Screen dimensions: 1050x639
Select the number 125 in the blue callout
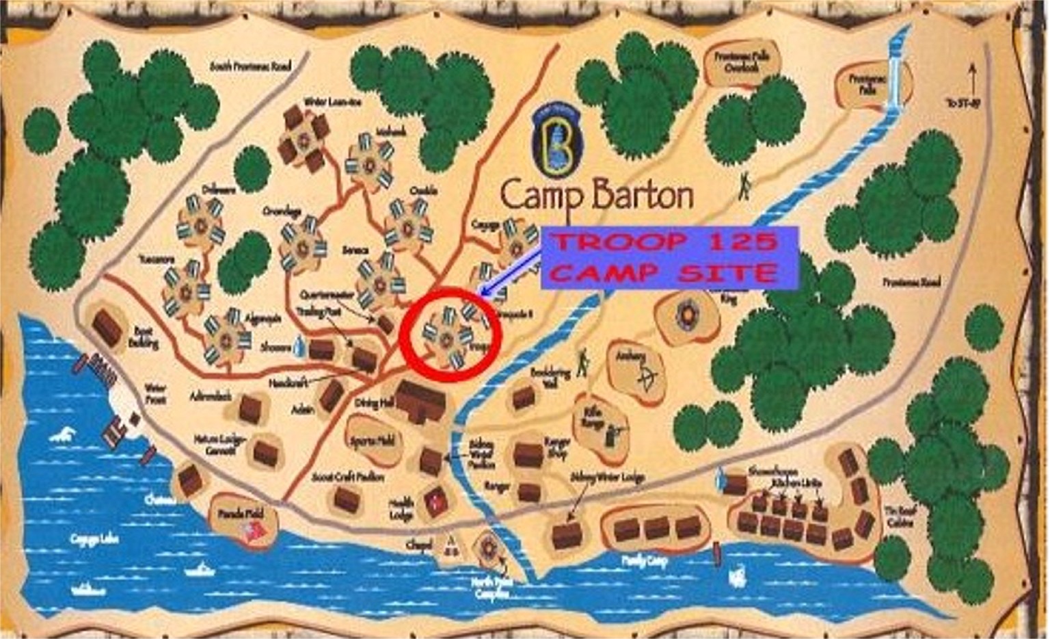click(x=742, y=242)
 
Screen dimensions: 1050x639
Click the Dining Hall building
click(x=420, y=400)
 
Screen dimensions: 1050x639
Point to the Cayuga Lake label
click(x=94, y=539)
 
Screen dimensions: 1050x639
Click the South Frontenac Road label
click(x=250, y=66)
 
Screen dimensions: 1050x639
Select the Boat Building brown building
click(x=108, y=326)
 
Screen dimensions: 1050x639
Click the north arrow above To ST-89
click(x=971, y=79)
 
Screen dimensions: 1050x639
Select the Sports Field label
click(x=373, y=441)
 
